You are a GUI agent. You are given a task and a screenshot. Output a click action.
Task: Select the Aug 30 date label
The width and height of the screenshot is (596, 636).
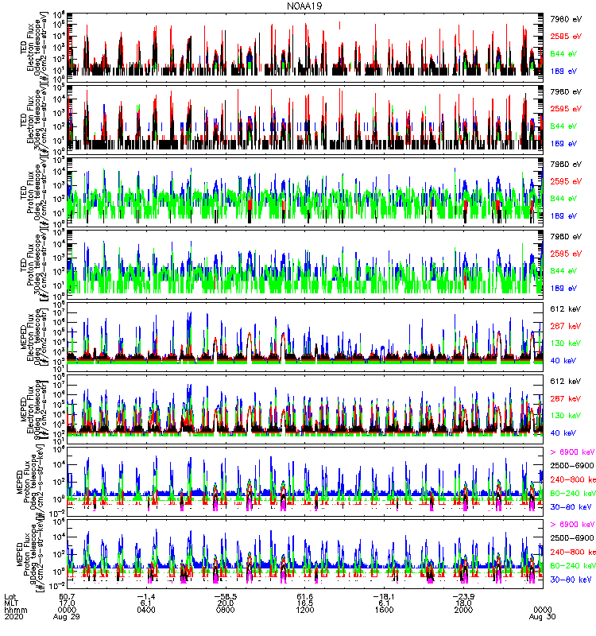pos(543,616)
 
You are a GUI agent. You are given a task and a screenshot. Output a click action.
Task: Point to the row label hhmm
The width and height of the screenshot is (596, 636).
pos(14,609)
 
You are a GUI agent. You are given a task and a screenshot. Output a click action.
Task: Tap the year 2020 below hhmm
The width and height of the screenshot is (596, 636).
pos(14,616)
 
